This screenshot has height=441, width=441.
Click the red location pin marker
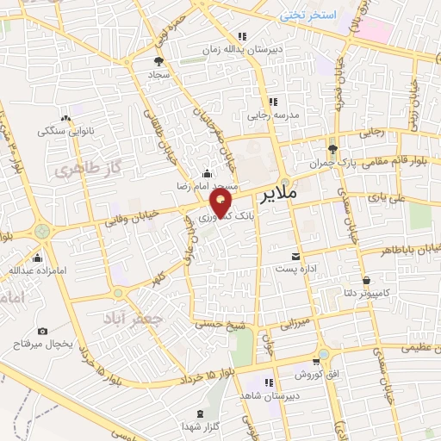tap(222, 202)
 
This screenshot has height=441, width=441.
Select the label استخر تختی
tap(307, 16)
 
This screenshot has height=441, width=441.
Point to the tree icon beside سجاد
tap(158, 61)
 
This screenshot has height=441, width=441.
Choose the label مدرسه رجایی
tap(273, 114)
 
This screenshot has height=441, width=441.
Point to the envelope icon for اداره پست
tap(296, 257)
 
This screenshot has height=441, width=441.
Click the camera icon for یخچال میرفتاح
tap(43, 332)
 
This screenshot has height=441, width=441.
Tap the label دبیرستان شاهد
tap(271, 393)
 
